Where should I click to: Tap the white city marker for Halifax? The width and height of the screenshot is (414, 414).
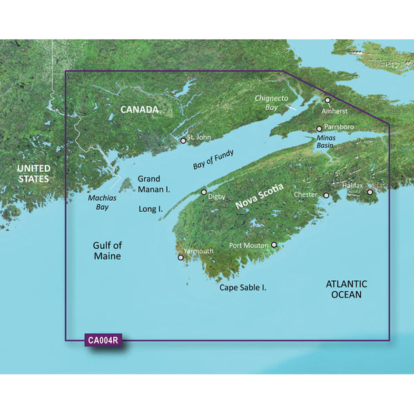pos(370,193)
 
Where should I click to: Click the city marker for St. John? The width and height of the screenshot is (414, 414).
pos(184,140)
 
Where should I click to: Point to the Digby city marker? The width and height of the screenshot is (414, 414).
pos(204,193)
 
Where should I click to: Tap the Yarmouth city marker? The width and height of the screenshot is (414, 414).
pos(181,258)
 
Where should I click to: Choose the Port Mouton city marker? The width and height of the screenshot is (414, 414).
pos(274,245)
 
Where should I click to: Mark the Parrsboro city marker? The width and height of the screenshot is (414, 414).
pos(319,129)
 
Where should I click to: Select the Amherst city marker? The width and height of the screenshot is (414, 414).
pos(328,101)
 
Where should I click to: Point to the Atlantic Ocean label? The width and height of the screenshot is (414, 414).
pos(346,289)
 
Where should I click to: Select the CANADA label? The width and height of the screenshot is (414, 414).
pos(139,110)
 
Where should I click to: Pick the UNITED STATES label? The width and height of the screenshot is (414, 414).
pos(34,174)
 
